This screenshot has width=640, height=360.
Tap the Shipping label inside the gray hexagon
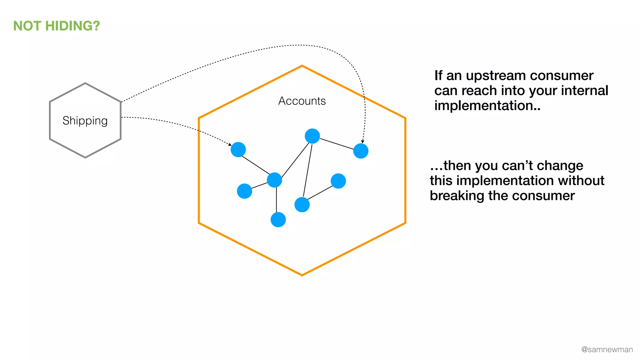85,121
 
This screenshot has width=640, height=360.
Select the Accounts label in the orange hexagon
302,101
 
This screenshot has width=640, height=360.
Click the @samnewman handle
607,349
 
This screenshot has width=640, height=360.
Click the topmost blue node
312,136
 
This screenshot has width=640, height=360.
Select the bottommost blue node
278,220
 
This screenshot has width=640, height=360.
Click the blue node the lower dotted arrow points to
238,150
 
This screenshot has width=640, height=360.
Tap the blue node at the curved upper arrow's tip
361,151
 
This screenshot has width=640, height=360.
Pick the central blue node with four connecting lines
274,180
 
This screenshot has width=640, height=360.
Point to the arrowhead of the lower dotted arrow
230,144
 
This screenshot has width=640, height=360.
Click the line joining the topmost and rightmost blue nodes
337,144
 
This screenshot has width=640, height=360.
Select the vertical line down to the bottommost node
276,200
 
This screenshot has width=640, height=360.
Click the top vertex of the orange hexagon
302,66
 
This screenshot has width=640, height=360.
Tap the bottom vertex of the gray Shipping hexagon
85,157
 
